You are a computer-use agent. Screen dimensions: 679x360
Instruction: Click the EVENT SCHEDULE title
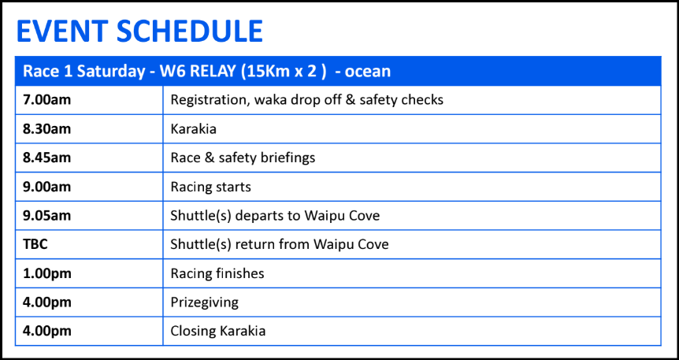(x=139, y=32)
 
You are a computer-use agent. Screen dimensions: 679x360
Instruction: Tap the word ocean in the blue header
(x=368, y=71)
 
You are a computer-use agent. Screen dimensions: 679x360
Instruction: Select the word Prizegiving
(x=204, y=302)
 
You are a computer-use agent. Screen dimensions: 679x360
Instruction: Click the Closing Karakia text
(x=218, y=332)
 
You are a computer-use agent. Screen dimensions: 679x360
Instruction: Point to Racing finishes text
(x=217, y=274)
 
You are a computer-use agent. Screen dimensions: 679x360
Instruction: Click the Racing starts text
(x=210, y=187)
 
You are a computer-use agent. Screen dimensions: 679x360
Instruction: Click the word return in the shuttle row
(x=254, y=245)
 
